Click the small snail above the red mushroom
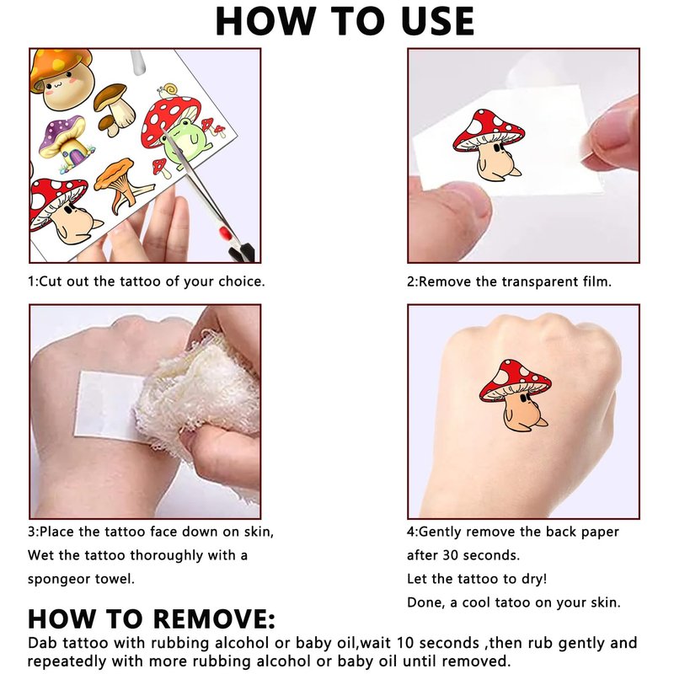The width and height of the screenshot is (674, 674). click(167, 91)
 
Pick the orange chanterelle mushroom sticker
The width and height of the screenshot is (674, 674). click(122, 185)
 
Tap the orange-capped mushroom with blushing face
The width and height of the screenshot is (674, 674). click(62, 78)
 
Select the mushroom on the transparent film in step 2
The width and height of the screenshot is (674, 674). click(489, 144)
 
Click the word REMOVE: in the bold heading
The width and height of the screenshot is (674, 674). click(213, 619)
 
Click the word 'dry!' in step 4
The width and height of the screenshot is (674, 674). click(534, 579)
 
